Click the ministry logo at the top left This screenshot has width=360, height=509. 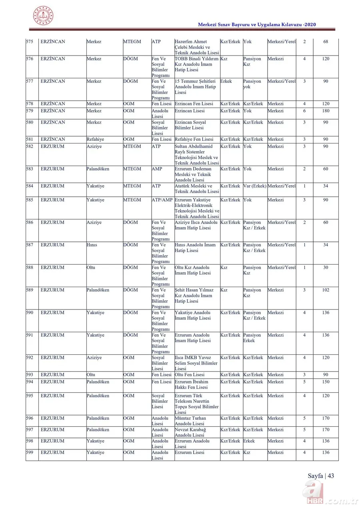pyautogui.click(x=43, y=16)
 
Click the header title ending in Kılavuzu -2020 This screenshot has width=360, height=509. pyautogui.click(x=257, y=25)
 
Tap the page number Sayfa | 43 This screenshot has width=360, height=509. pyautogui.click(x=320, y=476)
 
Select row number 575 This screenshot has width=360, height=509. pyautogui.click(x=30, y=42)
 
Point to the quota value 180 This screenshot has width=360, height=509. pyautogui.click(x=326, y=111)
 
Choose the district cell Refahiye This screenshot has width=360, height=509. pyautogui.click(x=95, y=140)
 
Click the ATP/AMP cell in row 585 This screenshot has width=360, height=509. pyautogui.click(x=162, y=200)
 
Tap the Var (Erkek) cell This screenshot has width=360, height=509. pyautogui.click(x=254, y=186)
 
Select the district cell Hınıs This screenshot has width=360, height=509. pyautogui.click(x=92, y=245)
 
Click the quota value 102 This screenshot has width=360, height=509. pyautogui.click(x=326, y=290)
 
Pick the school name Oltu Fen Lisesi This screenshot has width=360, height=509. pyautogui.click(x=190, y=375)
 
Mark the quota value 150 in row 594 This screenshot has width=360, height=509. pyautogui.click(x=326, y=382)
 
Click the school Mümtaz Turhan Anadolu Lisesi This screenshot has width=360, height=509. pyautogui.click(x=190, y=421)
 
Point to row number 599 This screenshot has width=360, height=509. pyautogui.click(x=30, y=453)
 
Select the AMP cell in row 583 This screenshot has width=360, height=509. pyautogui.click(x=157, y=169)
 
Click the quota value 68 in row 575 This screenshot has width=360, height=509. pyautogui.click(x=326, y=42)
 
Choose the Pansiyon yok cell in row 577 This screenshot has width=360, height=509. pyautogui.click(x=252, y=84)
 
